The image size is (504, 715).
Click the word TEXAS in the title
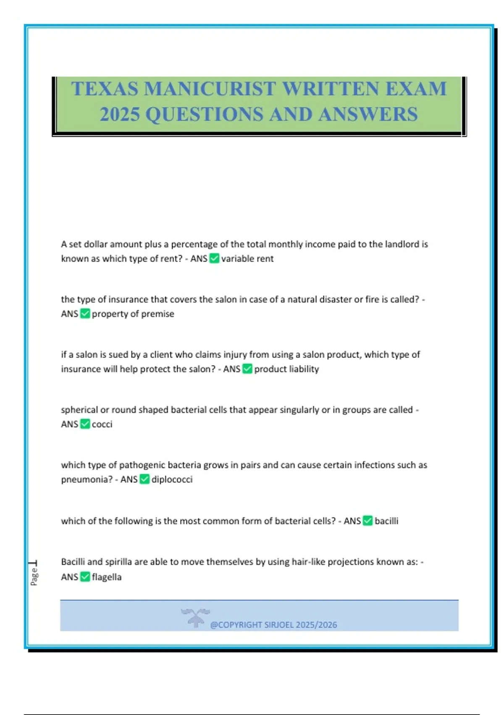(105, 89)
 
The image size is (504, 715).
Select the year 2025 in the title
(119, 114)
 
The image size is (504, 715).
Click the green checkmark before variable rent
(214, 258)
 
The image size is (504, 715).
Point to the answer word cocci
(102, 424)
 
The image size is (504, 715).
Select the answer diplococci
(172, 479)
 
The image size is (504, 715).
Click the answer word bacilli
(386, 521)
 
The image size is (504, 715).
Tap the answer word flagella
(107, 577)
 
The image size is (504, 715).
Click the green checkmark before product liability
(247, 369)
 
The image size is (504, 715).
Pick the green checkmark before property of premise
(85, 314)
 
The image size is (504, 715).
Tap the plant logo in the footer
(195, 617)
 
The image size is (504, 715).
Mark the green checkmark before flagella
(85, 577)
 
